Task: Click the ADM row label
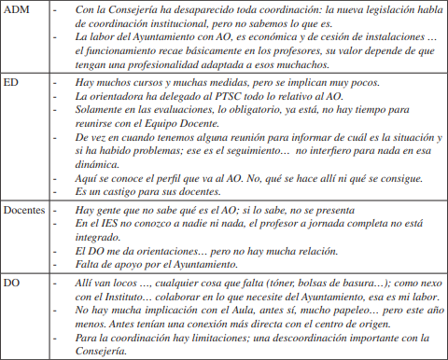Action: pos(20,11)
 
